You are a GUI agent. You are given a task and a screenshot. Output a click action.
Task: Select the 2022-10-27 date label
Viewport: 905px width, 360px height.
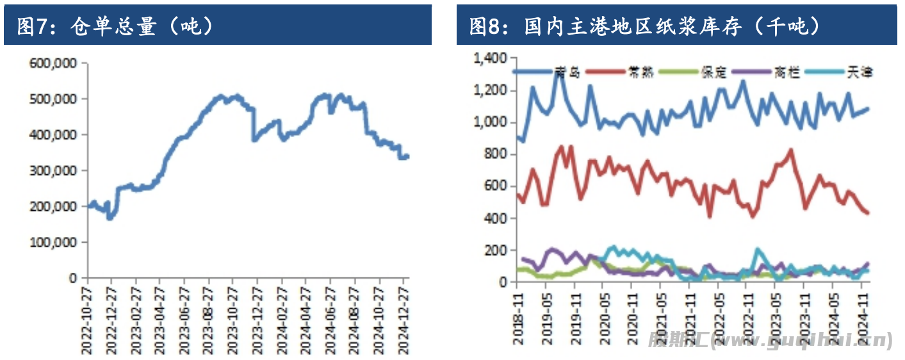click(x=86, y=319)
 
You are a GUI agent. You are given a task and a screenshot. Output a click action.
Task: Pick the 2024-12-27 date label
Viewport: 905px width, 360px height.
click(x=404, y=319)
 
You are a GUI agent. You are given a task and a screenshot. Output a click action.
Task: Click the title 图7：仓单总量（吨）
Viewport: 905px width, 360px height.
click(x=115, y=26)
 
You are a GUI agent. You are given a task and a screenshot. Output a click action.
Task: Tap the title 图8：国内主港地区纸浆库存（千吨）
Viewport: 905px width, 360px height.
click(x=644, y=26)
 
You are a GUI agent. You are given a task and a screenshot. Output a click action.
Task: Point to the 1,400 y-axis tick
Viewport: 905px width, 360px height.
click(x=491, y=59)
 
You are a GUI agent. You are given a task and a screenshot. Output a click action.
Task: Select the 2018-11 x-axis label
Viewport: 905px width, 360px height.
click(x=518, y=318)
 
